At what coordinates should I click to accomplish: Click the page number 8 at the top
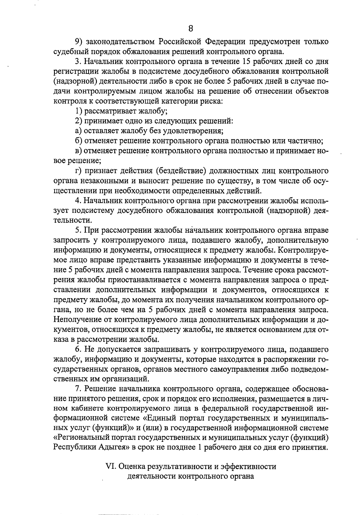pyautogui.click(x=191, y=28)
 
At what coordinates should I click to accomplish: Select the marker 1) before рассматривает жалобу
pyautogui.click(x=79, y=111)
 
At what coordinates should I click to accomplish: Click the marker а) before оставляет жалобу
pyautogui.click(x=78, y=131)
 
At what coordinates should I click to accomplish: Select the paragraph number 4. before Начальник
pyautogui.click(x=78, y=200)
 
